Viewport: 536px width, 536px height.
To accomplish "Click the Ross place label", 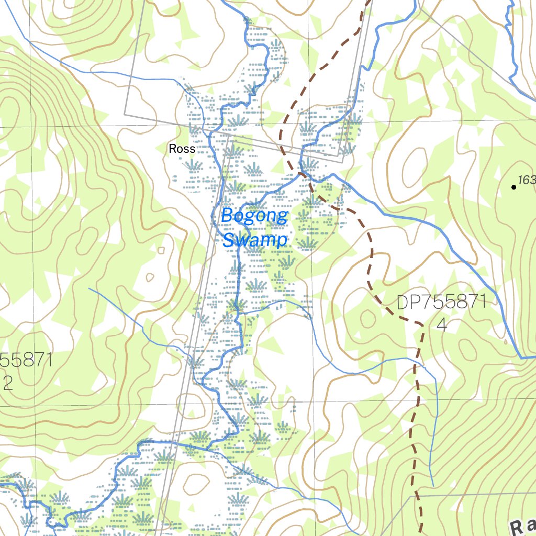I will click(182, 149).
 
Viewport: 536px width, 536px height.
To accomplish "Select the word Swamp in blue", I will click(255, 240).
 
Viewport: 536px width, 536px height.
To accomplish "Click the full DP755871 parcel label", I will click(441, 303).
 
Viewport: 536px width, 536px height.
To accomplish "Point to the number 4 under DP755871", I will click(441, 326).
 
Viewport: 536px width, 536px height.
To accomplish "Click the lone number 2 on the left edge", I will click(7, 384).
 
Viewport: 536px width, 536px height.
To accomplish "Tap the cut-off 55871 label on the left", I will click(26, 361).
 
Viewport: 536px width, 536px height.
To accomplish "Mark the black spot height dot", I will click(513, 187).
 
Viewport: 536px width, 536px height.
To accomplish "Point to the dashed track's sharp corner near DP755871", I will click(422, 325).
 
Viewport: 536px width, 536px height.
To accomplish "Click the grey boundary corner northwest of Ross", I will click(125, 113).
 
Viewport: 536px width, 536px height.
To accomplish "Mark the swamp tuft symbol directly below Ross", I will click(194, 166).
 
